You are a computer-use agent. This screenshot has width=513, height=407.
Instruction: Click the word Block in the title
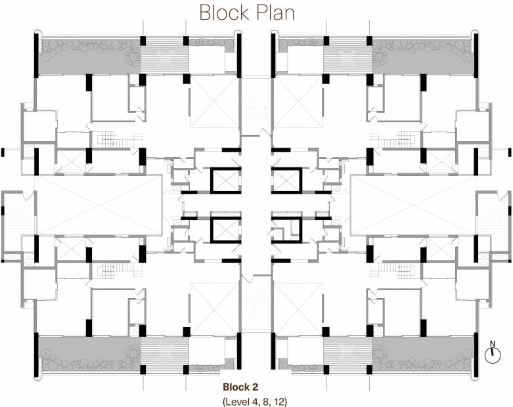(224, 12)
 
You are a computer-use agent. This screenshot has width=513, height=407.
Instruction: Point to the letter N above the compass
(491, 343)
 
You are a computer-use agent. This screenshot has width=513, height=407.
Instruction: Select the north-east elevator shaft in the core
(286, 180)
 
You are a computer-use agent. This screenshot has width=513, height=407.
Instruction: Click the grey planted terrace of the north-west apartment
(89, 56)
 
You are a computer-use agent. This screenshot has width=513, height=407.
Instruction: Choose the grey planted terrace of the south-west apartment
(89, 353)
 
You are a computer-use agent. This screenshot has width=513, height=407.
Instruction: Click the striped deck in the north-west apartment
(164, 56)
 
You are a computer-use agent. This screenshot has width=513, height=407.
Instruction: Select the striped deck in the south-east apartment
(348, 353)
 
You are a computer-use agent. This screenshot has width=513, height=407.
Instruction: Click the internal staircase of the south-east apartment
(398, 268)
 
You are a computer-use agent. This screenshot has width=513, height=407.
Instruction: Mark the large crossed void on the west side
(99, 204)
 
